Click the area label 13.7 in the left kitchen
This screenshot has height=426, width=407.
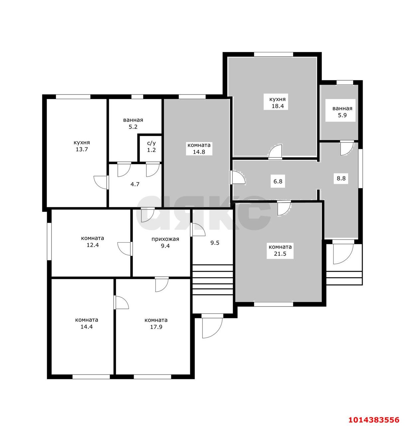click(x=82, y=149)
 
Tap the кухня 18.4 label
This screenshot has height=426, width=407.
click(x=277, y=103)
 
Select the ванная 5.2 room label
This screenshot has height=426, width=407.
click(x=133, y=123)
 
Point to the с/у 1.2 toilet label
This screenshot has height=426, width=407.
click(x=151, y=147)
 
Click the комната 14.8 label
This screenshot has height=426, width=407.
click(x=199, y=148)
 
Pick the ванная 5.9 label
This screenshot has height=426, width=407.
click(x=342, y=111)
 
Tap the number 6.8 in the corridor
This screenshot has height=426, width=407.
click(x=278, y=181)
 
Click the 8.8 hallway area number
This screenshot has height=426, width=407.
click(x=341, y=178)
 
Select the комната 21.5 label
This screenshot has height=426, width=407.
click(x=280, y=250)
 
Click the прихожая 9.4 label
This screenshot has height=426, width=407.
click(x=165, y=242)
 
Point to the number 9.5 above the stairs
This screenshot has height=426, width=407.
click(x=214, y=243)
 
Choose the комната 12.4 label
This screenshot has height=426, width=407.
click(x=92, y=242)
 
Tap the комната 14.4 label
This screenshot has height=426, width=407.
click(x=86, y=323)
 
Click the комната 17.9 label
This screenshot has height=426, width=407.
click(x=156, y=323)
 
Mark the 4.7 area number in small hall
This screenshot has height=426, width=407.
click(x=135, y=184)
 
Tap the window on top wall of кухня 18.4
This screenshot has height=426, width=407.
click(x=273, y=54)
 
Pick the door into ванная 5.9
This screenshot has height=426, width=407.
click(x=347, y=148)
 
